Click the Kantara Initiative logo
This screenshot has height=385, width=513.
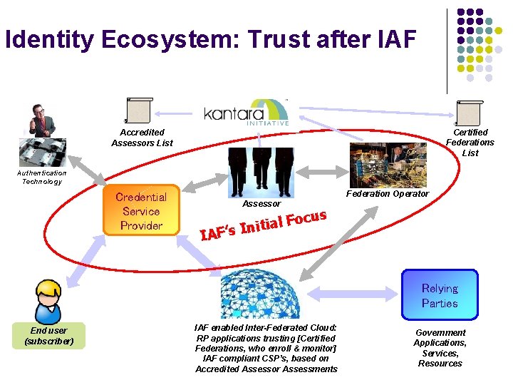coord(246,112)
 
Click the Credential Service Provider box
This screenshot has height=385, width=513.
coord(141,211)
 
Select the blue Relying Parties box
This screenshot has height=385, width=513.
coord(440,295)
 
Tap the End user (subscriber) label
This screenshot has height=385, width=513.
coord(48,336)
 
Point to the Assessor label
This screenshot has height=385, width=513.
coord(261,204)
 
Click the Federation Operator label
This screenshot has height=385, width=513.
coord(388,194)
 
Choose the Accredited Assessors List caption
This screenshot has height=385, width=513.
coord(142,138)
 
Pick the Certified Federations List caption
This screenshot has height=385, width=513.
coord(470,143)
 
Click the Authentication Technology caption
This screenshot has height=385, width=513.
coord(42,177)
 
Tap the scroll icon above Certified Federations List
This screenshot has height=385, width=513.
coord(469,113)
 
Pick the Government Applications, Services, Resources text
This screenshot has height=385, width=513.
coord(440,348)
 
